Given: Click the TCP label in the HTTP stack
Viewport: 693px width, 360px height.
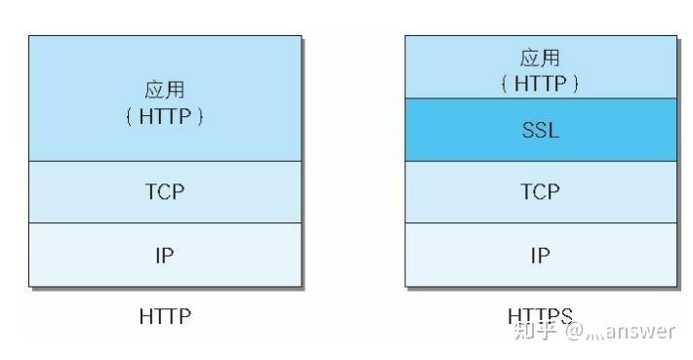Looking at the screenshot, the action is pyautogui.click(x=164, y=192).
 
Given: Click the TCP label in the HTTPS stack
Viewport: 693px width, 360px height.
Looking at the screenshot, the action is pyautogui.click(x=540, y=192).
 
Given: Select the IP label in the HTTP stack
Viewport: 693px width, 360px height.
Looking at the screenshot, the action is pyautogui.click(x=164, y=256).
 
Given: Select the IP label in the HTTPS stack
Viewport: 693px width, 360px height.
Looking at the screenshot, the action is pyautogui.click(x=540, y=256).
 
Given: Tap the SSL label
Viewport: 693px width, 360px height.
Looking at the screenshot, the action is pyautogui.click(x=540, y=130).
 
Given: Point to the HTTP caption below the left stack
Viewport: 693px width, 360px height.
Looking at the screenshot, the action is pyautogui.click(x=165, y=317).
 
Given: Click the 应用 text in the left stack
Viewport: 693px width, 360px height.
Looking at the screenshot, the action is pyautogui.click(x=164, y=90).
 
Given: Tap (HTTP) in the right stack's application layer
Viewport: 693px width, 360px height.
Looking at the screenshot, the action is pyautogui.click(x=540, y=83).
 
